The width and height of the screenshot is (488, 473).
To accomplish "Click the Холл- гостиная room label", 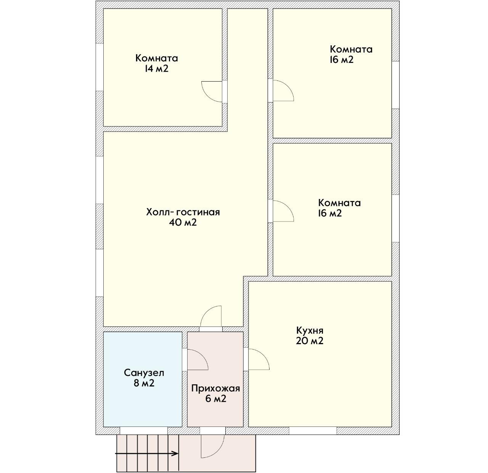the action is [183, 212].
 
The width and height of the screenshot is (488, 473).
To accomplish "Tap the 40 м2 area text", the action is [183, 223].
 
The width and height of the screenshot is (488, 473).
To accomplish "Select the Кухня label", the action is [310, 331].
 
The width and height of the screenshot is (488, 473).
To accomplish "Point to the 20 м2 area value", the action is [310, 341].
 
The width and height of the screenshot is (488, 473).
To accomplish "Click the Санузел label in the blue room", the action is [144, 373].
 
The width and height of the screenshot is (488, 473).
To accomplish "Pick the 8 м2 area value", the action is [144, 383].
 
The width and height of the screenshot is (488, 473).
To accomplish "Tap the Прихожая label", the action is [216, 388].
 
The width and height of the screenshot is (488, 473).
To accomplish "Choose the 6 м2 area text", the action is [216, 399].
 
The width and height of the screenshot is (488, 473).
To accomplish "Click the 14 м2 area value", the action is [156, 69].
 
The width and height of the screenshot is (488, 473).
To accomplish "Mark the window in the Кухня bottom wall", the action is [313, 431].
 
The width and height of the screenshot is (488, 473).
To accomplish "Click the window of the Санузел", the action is [143, 431].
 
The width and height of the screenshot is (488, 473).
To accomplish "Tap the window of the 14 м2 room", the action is [100, 67].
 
